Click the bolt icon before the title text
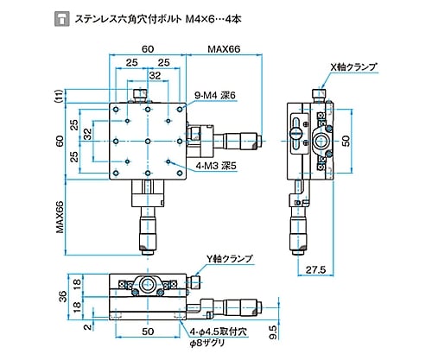[62, 19]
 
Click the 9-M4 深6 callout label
[215, 95]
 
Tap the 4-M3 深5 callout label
[216, 166]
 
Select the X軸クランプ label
[353, 67]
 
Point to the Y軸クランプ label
[229, 259]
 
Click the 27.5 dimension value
[315, 269]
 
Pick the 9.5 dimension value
[274, 332]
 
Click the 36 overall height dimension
[62, 296]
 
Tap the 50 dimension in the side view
[346, 141]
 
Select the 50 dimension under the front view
[148, 332]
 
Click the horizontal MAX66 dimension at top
[224, 49]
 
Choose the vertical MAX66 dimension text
[60, 217]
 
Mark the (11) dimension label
[59, 97]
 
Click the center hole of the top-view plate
[148, 142]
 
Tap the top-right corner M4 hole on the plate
[180, 110]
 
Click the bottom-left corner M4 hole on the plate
[116, 174]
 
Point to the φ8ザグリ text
[206, 343]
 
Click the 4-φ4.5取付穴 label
[219, 332]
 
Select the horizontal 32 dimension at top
[155, 75]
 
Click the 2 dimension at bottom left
[88, 327]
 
